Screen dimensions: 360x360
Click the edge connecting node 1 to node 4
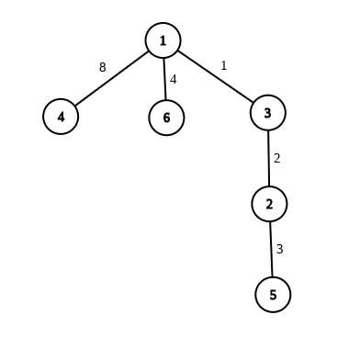coord(112,79)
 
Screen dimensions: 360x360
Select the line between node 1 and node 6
coord(164,79)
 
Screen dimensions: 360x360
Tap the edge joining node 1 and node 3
coord(215,76)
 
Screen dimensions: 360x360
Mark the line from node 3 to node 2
coord(268,158)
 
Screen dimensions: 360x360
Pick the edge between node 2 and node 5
coord(271,249)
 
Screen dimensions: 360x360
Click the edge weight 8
coord(103,67)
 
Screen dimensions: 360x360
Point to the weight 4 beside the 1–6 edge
coord(174,79)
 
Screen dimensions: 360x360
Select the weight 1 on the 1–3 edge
coord(224,65)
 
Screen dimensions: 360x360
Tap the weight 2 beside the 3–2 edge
coord(276,158)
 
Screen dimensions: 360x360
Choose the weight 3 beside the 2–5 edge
coord(279,249)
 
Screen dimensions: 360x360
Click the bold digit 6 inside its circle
coord(166,118)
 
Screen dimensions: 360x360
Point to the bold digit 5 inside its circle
coord(273,295)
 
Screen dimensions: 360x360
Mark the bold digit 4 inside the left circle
coord(61,117)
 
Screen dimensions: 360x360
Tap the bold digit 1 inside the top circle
coord(163,40)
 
